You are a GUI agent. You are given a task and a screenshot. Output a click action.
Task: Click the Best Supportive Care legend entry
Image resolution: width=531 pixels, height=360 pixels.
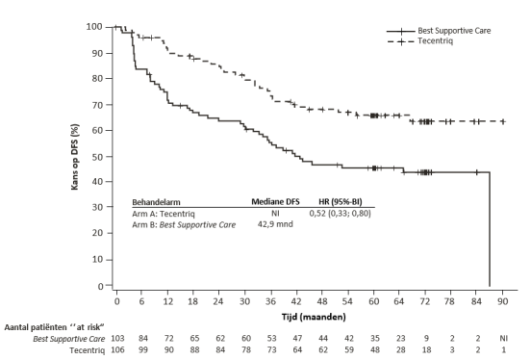439,31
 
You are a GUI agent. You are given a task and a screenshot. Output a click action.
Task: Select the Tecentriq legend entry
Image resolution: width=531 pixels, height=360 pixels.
420,41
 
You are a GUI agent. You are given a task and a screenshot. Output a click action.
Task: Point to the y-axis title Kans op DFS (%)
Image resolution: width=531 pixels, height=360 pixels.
75,157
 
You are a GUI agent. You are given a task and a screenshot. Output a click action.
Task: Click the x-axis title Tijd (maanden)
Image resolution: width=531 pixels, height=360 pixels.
314,317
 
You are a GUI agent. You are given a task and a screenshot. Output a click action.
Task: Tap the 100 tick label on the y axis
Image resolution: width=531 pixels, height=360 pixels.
94,26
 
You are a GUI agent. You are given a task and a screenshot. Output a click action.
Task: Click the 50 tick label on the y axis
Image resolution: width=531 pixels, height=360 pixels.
97,157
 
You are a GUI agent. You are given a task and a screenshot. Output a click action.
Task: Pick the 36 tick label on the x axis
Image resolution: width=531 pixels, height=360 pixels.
270,301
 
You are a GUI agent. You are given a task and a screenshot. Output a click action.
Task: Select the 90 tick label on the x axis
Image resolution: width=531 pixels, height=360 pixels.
502,301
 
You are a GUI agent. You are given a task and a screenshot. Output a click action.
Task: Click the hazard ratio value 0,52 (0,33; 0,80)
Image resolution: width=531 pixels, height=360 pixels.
340,214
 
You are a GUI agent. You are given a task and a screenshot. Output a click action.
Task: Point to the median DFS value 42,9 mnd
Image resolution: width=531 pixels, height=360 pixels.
275,224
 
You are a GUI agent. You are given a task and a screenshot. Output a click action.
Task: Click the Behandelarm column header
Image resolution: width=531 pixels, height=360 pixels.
156,202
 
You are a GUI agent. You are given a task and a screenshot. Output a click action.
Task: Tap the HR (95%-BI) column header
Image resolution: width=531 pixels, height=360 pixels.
341,202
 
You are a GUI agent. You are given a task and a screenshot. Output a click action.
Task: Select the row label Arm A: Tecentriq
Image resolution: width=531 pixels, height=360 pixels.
164,214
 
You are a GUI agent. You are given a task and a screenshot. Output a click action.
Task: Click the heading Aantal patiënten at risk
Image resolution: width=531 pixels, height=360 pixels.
54,327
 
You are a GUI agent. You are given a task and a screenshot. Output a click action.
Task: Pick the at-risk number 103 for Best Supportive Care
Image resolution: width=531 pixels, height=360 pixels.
118,338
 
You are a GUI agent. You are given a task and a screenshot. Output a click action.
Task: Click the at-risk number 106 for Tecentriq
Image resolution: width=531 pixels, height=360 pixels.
118,349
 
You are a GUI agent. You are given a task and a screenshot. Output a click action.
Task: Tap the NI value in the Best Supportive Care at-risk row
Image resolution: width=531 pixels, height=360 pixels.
503,338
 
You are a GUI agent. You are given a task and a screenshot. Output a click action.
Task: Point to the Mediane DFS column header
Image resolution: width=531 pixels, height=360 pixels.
275,202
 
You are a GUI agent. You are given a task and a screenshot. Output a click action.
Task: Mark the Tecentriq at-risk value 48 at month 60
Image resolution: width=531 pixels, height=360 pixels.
374,349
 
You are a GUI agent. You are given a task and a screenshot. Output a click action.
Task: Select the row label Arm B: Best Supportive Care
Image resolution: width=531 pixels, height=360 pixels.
184,224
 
